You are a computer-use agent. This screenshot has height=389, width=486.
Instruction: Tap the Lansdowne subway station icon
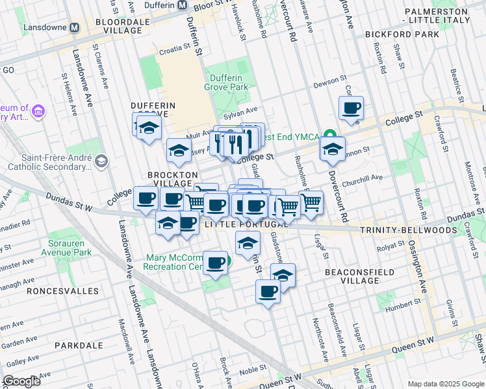(75, 28)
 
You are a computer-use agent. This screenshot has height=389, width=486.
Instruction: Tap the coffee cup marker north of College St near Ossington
(351, 109)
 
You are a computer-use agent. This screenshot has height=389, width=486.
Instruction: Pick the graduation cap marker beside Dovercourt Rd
(333, 150)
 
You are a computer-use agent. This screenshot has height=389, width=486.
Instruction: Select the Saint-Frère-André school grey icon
(101, 160)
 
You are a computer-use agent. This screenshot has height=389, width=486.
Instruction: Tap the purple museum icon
(38, 112)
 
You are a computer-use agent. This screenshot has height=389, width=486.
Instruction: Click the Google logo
(21, 381)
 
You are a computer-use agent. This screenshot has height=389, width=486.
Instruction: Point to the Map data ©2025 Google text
(446, 384)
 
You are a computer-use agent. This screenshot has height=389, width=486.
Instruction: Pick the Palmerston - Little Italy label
(445, 16)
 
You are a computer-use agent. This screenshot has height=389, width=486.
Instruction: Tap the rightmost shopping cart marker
(311, 204)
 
